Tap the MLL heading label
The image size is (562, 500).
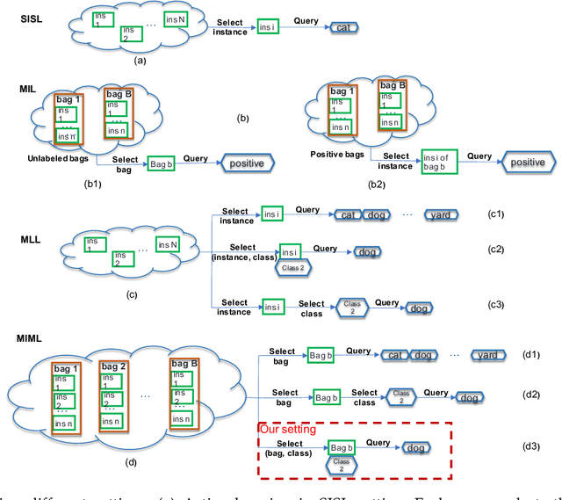tap(32, 239)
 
